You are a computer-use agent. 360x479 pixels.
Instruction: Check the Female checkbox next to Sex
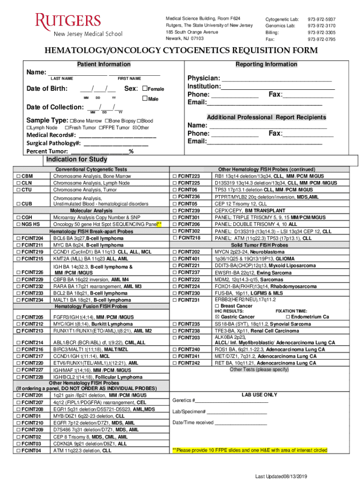[144, 89]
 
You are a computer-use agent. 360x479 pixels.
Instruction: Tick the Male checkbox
[144, 99]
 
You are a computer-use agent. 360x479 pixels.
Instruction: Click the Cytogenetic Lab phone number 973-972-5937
[321, 19]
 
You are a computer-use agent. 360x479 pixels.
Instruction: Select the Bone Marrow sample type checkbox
[71, 121]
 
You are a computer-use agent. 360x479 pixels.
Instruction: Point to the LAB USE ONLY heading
[259, 395]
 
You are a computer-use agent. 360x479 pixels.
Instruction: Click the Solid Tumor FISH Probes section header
[259, 245]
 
